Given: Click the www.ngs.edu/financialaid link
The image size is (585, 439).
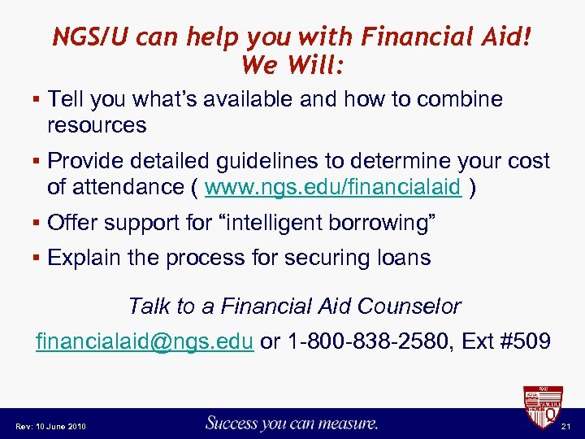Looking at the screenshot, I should [x=334, y=187].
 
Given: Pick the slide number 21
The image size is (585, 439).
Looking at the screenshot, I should [x=566, y=426].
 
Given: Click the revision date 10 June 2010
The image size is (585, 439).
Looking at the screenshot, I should [x=63, y=426].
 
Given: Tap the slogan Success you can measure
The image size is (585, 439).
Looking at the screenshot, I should [x=292, y=423].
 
